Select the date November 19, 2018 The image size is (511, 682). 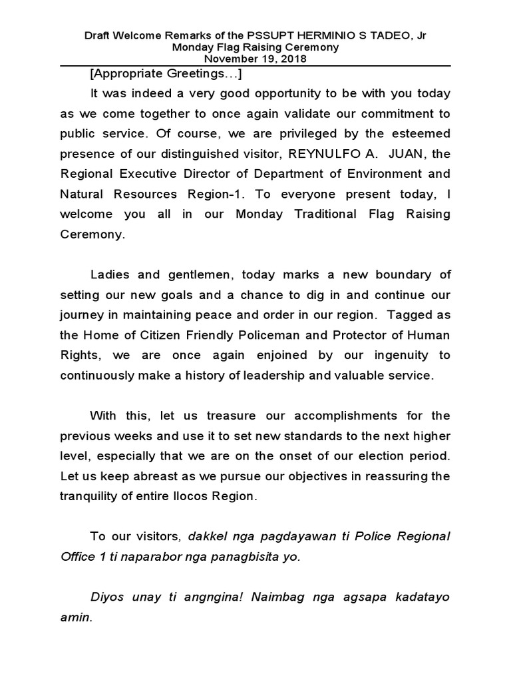255,59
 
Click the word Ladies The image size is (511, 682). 110,275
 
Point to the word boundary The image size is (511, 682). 415,275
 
